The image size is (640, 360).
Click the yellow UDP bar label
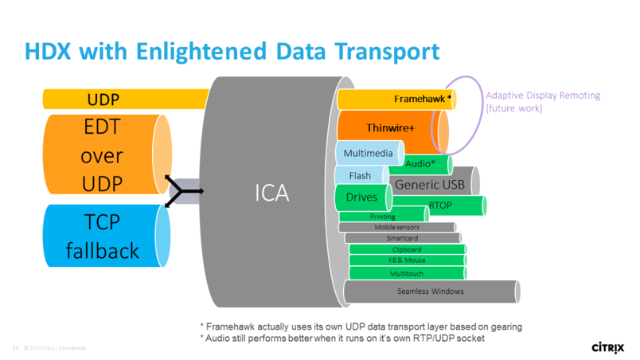coord(103,100)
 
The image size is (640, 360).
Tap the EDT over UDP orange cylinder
coord(101,155)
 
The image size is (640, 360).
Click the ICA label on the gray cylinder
coord(272,192)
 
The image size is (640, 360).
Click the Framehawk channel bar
coord(395,99)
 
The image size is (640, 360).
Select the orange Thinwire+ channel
coord(390,128)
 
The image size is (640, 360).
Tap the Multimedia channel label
coord(369,152)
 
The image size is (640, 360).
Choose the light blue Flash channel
coord(360,175)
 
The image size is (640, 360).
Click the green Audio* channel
coord(420,164)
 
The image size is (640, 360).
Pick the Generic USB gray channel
coord(430,185)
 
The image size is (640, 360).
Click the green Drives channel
coord(361,197)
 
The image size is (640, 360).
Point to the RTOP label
coord(440,205)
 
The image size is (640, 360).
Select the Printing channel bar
coord(383,216)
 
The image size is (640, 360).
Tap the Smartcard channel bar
coord(402,237)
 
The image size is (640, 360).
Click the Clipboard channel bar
coord(407,249)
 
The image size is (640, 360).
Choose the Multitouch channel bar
coord(407,273)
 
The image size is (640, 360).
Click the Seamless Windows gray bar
coord(430,291)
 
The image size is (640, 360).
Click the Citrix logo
coord(608,346)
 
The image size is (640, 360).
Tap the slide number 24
coord(15,348)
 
